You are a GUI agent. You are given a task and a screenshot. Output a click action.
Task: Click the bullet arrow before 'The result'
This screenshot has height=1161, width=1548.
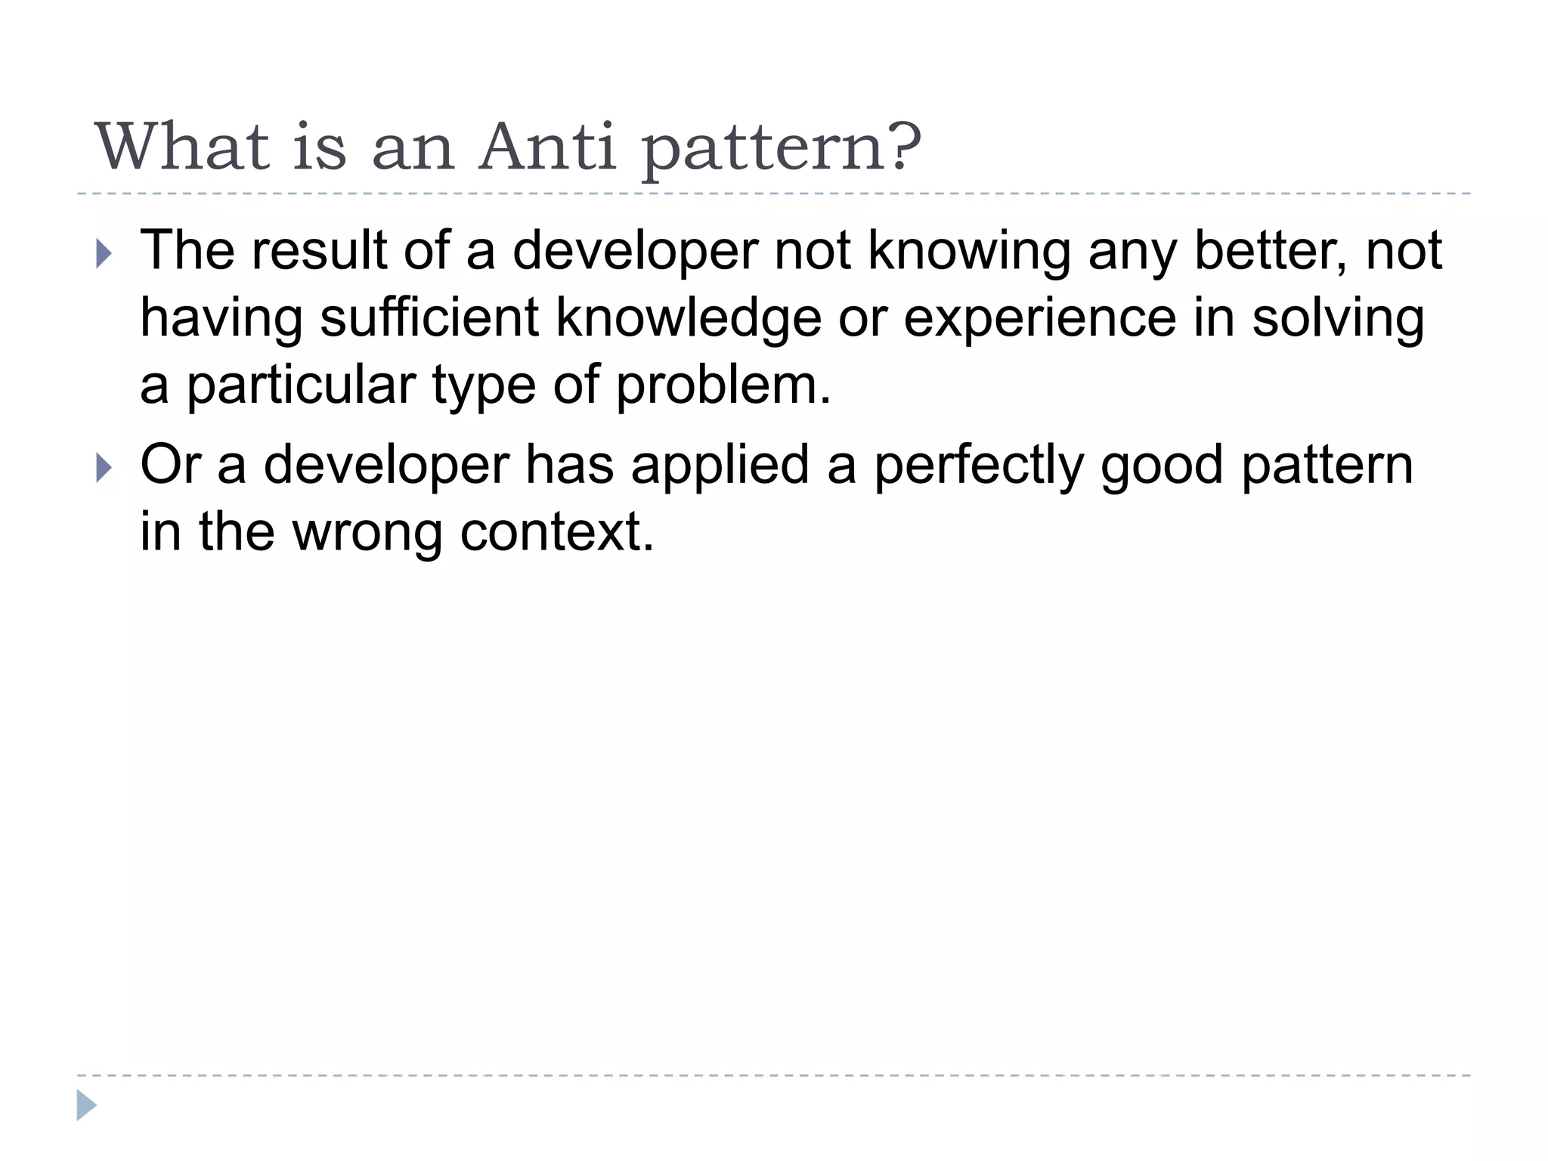[x=104, y=255]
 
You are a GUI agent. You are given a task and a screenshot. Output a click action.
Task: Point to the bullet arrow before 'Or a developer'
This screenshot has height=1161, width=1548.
[x=104, y=469]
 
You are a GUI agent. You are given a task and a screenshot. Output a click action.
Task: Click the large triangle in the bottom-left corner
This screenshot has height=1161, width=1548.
[x=86, y=1105]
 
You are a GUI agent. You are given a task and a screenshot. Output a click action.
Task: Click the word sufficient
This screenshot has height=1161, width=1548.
[x=429, y=317]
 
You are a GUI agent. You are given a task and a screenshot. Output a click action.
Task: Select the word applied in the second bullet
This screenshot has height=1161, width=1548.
[x=720, y=466]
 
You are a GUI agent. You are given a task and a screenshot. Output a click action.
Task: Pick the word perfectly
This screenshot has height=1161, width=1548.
[x=979, y=466]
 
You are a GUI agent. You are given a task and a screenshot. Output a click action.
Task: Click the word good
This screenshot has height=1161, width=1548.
[x=1162, y=466]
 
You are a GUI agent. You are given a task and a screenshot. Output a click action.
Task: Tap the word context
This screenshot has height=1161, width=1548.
[x=556, y=532]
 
